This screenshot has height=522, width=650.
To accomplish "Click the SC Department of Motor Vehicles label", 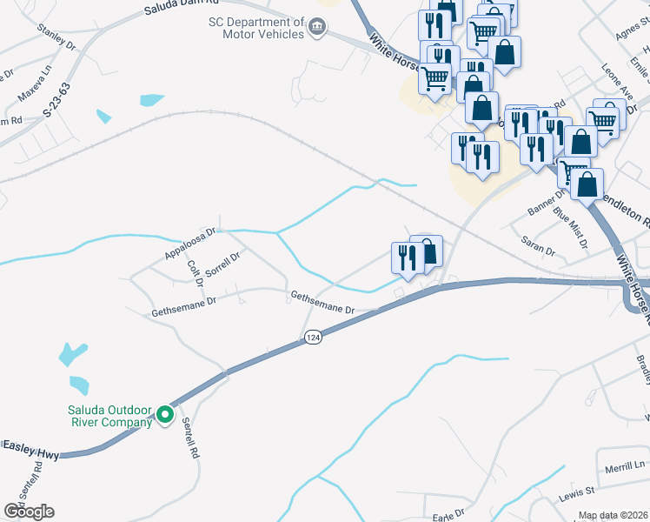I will coord(255,28).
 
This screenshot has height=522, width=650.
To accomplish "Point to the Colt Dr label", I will coord(196,271).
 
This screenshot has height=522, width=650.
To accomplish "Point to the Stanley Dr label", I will coord(57,38).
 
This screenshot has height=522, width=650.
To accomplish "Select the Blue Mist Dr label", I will coord(571,229).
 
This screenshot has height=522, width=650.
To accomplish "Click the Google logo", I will coord(29,512).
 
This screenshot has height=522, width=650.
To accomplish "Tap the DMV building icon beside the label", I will coord(317,28).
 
